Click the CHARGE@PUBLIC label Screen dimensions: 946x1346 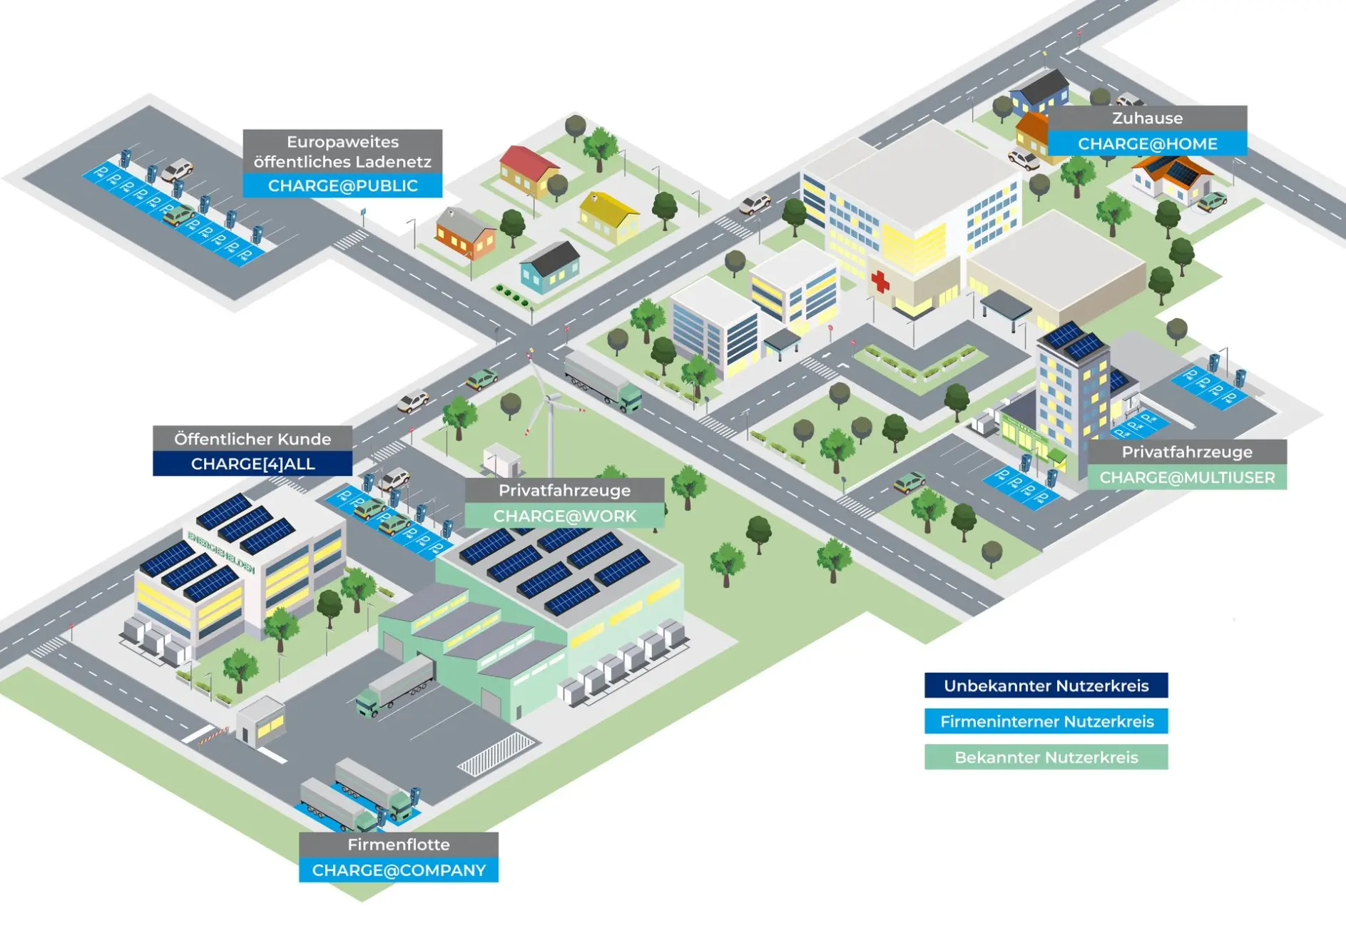(342, 185)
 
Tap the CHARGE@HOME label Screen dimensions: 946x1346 (1147, 143)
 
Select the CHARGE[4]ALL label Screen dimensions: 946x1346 (253, 464)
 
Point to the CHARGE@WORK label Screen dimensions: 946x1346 (564, 516)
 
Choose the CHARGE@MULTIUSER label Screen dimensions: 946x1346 (1187, 477)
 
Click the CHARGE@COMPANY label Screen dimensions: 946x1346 (399, 870)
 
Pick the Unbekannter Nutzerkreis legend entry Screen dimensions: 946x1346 (1046, 686)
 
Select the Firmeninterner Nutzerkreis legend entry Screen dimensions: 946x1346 (1046, 721)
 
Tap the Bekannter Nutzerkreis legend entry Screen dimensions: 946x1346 (1046, 757)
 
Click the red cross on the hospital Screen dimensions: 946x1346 (880, 281)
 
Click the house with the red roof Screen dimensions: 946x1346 (529, 171)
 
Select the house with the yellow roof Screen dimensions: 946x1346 (608, 217)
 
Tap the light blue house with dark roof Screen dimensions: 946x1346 (550, 268)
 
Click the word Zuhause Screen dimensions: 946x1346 (1147, 118)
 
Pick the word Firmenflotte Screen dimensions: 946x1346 (399, 845)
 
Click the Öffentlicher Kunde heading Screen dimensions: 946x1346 (253, 439)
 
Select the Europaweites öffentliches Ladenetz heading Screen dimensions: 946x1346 (342, 151)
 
